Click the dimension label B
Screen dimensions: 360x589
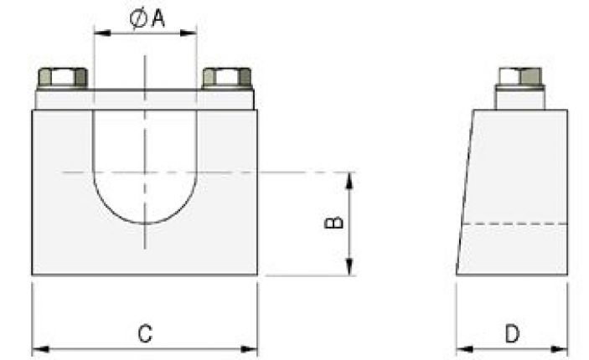[x=333, y=223]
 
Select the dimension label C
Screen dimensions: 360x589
[x=144, y=333]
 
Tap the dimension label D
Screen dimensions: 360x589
[x=512, y=333]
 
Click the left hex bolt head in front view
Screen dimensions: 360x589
[x=63, y=78]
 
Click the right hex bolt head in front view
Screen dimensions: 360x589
[x=227, y=78]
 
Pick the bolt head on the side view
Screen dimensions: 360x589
[x=519, y=76]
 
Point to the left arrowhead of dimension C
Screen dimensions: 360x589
[x=38, y=348]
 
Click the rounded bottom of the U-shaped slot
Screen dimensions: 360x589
[x=145, y=219]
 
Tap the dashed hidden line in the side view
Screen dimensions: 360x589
[x=514, y=224]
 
